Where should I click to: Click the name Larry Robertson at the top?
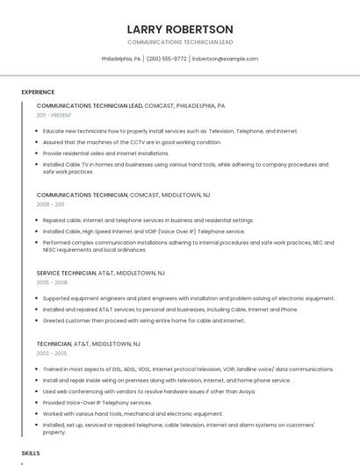tap(180, 29)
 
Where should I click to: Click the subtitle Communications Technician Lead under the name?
tap(180, 42)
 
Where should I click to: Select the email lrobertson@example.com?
tap(225, 59)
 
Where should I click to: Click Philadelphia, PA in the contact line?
tap(121, 59)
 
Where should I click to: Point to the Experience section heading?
tap(38, 92)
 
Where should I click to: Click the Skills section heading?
tap(31, 453)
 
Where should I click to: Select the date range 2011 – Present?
tap(54, 115)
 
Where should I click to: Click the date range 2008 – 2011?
tap(50, 204)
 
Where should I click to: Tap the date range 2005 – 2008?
tap(52, 283)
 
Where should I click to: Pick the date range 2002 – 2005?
tap(52, 353)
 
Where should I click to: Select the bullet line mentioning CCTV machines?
tap(132, 142)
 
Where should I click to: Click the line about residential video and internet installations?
tap(105, 153)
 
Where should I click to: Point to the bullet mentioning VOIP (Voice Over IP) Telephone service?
tap(144, 232)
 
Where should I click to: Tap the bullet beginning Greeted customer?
tap(143, 320)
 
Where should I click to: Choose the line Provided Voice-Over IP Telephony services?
tap(97, 403)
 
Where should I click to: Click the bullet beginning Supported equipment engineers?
tap(188, 298)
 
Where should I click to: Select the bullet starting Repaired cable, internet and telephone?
tap(148, 220)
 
